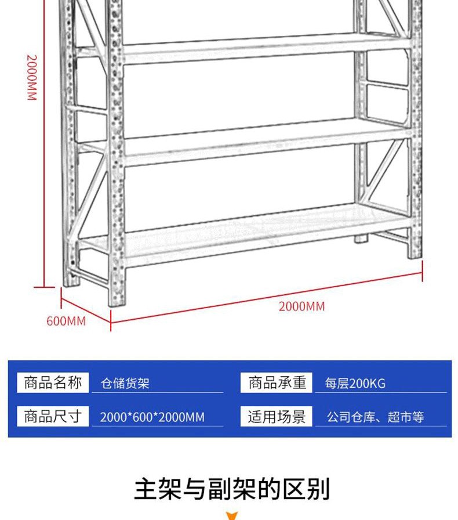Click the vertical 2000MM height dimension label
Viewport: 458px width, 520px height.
pos(32,77)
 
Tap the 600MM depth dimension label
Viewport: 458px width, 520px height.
pos(66,321)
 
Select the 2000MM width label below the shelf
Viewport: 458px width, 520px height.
pos(301,306)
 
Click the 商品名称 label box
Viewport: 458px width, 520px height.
pos(53,382)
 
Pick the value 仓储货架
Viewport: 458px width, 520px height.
pos(125,384)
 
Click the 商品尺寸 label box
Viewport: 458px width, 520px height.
pos(53,416)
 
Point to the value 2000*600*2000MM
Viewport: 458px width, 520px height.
pos(152,417)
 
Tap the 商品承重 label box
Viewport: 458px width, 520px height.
pos(277,382)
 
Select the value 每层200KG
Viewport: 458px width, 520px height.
pos(355,384)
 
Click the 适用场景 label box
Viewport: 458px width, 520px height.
pos(277,416)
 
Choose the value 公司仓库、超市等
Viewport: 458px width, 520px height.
pos(376,417)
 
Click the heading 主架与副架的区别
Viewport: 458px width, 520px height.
pos(232,489)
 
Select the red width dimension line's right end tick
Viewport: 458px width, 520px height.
pos(422,271)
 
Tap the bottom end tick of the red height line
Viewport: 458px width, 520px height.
pos(45,287)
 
